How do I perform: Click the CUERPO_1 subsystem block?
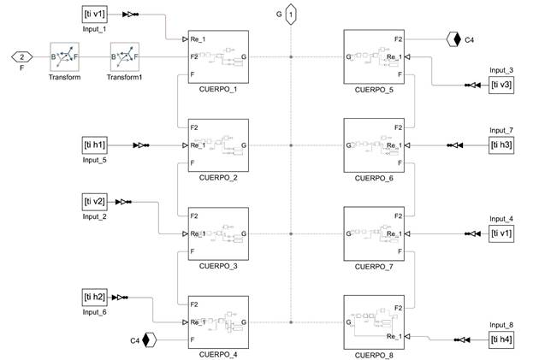[x=218, y=58]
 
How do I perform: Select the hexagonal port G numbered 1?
[x=291, y=15]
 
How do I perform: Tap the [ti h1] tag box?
[x=94, y=145]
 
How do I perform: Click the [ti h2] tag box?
[x=94, y=297]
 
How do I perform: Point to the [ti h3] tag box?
[x=501, y=145]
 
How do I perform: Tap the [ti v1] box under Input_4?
[x=501, y=233]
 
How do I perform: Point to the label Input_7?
[x=501, y=130]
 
